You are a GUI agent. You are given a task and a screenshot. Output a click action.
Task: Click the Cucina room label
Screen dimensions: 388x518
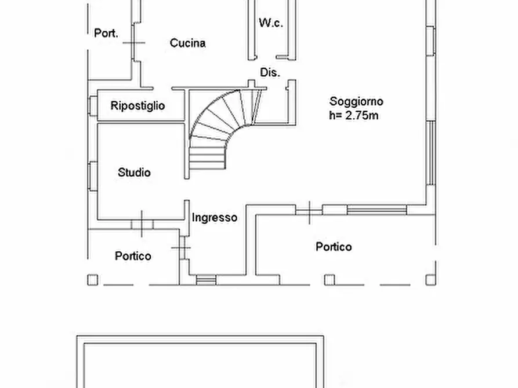(187, 43)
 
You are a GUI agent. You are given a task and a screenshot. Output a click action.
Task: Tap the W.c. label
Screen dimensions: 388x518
(270, 23)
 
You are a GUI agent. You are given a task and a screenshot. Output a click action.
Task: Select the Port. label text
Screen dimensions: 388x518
(106, 33)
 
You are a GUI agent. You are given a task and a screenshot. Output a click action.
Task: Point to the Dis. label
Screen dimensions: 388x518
(270, 72)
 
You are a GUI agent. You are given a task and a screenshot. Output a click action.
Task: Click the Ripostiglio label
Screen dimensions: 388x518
(137, 105)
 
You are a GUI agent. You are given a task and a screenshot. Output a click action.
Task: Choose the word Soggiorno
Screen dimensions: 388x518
(356, 101)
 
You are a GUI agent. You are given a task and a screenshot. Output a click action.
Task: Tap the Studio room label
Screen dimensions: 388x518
(134, 172)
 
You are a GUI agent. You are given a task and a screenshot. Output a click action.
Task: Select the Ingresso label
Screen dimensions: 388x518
(215, 218)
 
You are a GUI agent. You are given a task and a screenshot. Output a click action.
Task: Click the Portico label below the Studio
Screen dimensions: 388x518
(133, 255)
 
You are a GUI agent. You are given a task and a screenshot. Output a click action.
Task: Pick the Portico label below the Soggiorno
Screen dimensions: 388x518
(334, 247)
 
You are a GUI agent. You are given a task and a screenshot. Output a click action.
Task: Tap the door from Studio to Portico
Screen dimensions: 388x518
(142, 224)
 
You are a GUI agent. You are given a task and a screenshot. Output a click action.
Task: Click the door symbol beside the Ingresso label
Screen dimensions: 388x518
(183, 248)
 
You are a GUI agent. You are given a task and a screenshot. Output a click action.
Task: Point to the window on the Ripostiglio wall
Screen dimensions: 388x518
(92, 105)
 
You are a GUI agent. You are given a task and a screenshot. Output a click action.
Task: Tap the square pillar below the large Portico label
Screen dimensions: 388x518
(329, 280)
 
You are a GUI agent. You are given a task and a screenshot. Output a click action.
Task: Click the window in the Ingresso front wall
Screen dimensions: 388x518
(205, 280)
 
